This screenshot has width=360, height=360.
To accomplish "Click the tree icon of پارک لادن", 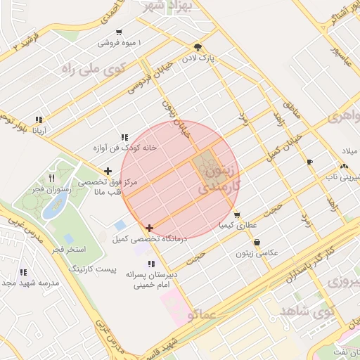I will tap(199, 48).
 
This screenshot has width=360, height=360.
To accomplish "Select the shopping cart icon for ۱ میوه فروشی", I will tap(118, 32).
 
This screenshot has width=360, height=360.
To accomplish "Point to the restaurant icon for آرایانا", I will tap(38, 120).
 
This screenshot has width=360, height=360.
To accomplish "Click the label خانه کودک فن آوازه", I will tap(124, 148).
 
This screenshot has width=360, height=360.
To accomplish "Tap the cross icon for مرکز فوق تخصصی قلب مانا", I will tap(108, 171).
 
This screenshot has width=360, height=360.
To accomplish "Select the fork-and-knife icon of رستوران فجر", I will tap(51, 179).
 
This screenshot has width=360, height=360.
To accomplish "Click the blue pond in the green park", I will tap(55, 206).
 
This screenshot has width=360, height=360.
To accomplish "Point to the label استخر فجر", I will tap(68, 250).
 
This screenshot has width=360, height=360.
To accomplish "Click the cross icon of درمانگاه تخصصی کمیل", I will tap(149, 228).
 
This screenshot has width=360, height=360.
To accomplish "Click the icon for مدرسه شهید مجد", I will tap(23, 272).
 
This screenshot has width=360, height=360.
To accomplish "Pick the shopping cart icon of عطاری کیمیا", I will tap(237, 215).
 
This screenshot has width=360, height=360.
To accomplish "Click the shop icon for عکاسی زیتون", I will tap(257, 243).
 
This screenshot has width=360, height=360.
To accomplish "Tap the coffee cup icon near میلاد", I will tap(309, 162).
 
